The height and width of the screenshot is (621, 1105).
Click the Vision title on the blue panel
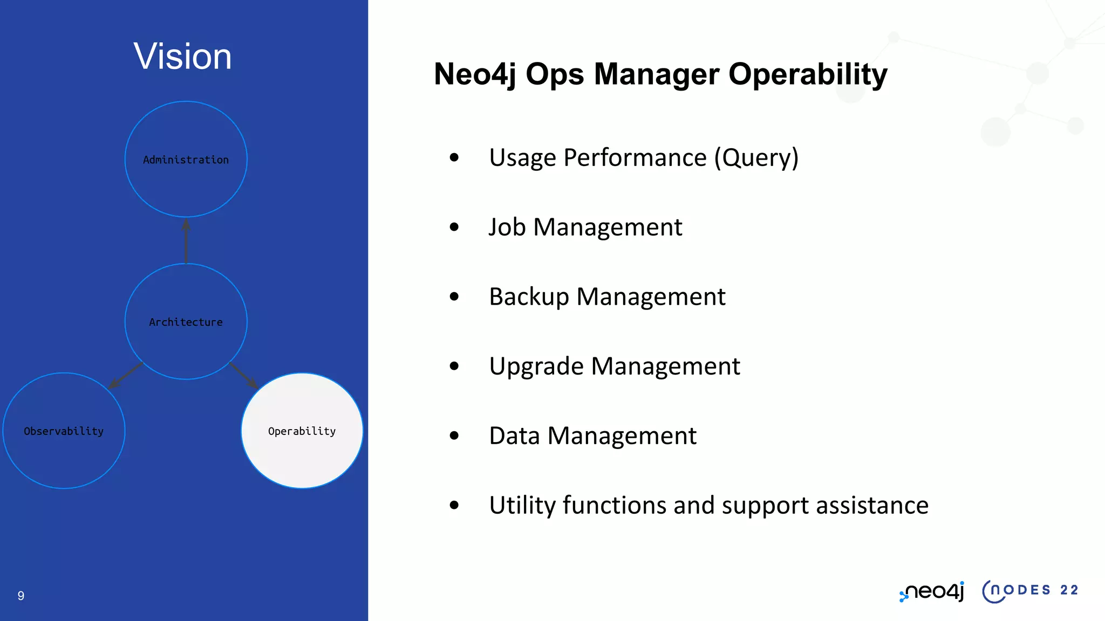[x=182, y=56]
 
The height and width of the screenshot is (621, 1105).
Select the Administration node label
[x=186, y=160]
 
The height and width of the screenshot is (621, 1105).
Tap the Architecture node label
[x=186, y=322]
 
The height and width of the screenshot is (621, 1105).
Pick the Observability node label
[x=64, y=431]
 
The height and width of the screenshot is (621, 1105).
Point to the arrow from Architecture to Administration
[x=186, y=240]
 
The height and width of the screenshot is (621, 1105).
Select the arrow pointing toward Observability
[x=125, y=375]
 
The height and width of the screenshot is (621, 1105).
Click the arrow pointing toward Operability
[x=243, y=375]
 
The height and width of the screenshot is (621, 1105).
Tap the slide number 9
[x=21, y=596]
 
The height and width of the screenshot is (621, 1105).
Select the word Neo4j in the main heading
[x=474, y=74]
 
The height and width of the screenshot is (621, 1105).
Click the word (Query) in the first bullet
[x=756, y=157]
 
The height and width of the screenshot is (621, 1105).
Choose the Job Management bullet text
[x=585, y=227]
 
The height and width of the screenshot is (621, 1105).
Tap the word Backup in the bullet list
[x=529, y=296]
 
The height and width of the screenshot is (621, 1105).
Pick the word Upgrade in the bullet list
[x=536, y=367]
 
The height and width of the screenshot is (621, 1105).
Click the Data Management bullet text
[x=592, y=436]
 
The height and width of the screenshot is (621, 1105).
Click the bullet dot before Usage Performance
[x=454, y=157]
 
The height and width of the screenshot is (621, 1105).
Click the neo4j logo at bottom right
[x=932, y=591]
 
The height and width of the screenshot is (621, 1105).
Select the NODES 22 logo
[x=1029, y=591]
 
